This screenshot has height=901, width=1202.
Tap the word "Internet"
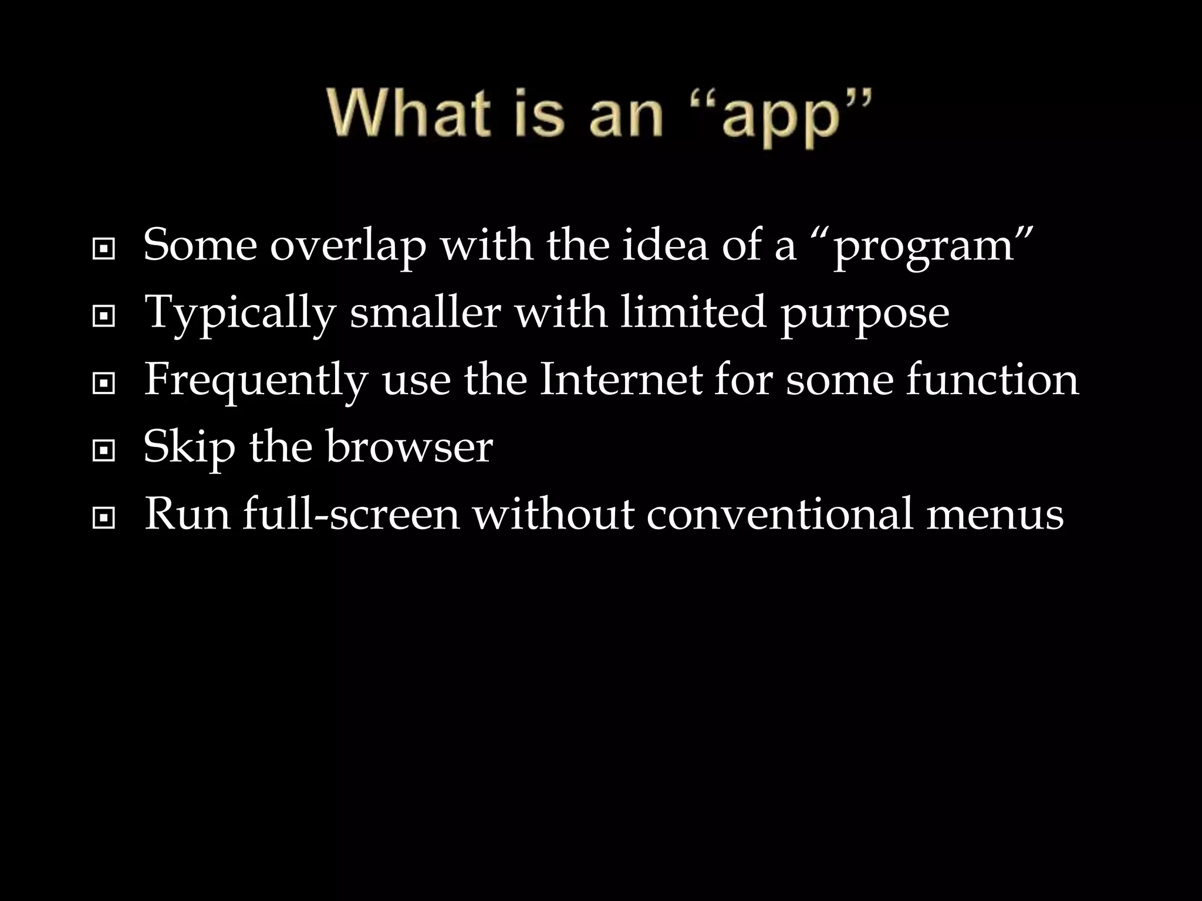click(620, 380)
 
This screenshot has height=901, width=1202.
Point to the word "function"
click(992, 380)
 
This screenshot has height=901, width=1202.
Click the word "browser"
click(409, 447)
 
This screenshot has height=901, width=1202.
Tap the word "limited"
click(693, 313)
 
